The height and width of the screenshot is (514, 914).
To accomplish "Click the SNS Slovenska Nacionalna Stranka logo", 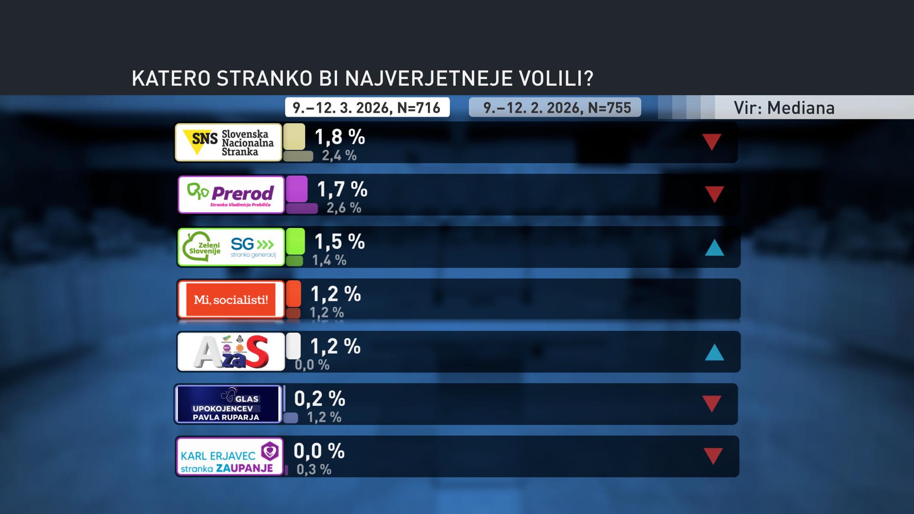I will (228, 142).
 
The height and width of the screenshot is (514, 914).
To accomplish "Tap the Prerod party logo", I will (231, 195).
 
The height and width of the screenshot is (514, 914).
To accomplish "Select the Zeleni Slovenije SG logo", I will (231, 247).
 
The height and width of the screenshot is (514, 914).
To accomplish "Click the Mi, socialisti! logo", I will (231, 299).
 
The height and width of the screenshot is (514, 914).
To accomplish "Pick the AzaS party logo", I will (231, 352).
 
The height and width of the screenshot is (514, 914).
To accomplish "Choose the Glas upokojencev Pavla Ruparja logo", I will (228, 404).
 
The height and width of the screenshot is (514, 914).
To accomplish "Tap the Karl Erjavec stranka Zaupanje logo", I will (229, 456).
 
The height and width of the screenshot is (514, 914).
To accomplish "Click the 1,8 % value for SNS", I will (339, 137).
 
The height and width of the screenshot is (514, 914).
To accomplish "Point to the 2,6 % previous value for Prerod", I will (344, 208).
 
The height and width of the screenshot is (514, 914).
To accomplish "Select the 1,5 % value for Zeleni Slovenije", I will (339, 242).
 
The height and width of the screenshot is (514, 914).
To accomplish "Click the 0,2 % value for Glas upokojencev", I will (319, 399).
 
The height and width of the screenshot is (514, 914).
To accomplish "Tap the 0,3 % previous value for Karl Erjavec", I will (314, 470).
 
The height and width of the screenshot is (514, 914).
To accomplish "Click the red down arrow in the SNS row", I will (712, 141).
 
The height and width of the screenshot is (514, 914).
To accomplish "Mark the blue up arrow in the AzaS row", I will (714, 353).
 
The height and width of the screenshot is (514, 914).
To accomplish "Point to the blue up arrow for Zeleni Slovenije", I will (714, 248).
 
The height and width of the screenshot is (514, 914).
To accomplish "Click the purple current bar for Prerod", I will (297, 189).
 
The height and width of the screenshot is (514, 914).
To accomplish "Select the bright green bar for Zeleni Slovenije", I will (295, 241).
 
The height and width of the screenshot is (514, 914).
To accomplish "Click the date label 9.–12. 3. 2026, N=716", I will (367, 108).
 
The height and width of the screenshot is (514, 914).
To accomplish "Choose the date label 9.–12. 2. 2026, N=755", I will (557, 108).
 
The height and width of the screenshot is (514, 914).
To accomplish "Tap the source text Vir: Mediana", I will (784, 108).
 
